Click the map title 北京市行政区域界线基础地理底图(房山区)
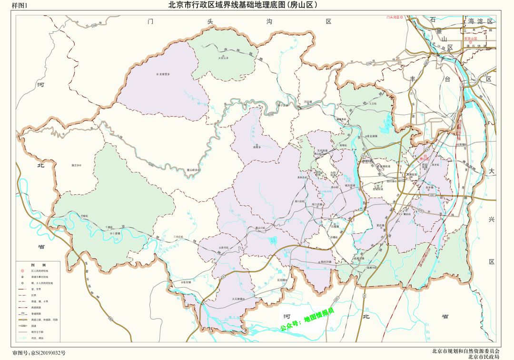tap(243, 6)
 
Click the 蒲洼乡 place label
tap(76, 165)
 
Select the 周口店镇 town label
tap(317, 205)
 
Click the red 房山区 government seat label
tap(425, 159)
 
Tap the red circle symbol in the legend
tap(21, 270)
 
